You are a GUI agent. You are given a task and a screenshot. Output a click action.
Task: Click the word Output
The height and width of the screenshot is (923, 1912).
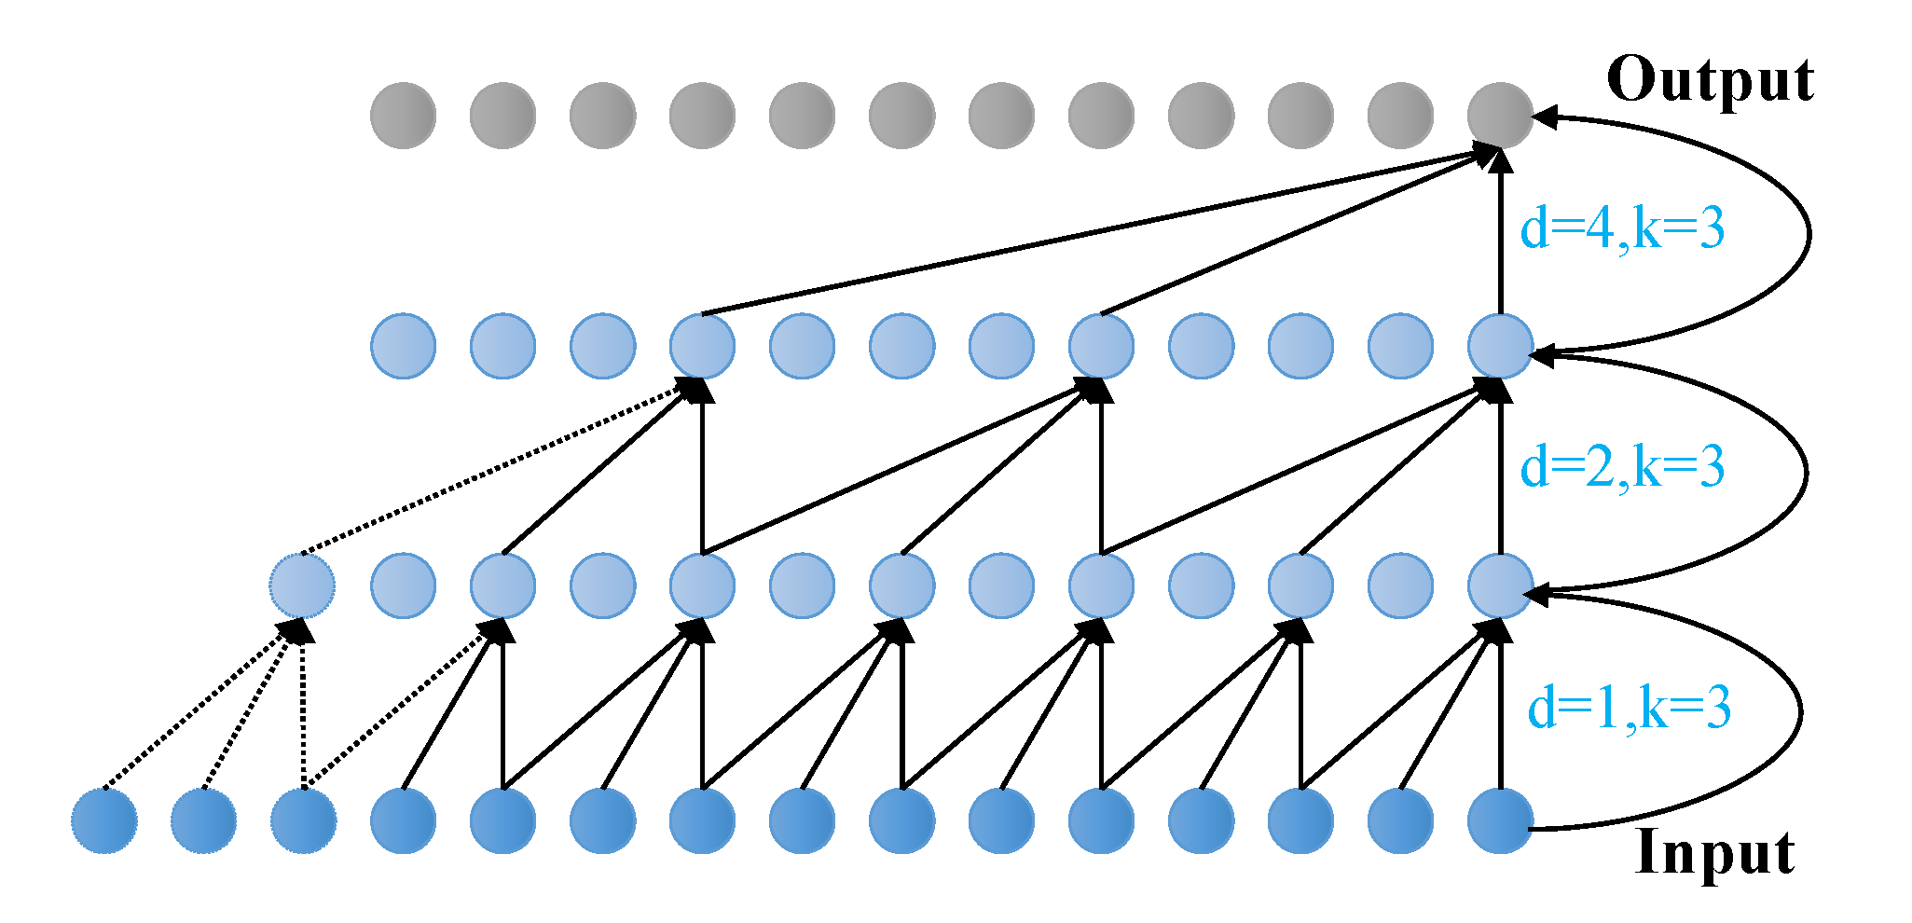pyautogui.click(x=1710, y=80)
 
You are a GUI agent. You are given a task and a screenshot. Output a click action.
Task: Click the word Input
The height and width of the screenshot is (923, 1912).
pyautogui.click(x=1714, y=852)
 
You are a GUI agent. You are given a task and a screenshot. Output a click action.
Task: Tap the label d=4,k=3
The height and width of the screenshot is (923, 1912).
pyautogui.click(x=1622, y=228)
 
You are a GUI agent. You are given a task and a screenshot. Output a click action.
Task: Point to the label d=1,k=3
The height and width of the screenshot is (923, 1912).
pyautogui.click(x=1629, y=708)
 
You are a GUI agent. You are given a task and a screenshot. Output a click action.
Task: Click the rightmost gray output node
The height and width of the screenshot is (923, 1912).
pyautogui.click(x=1500, y=116)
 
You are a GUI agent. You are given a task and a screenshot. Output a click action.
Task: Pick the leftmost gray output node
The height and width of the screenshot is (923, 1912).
pyautogui.click(x=403, y=116)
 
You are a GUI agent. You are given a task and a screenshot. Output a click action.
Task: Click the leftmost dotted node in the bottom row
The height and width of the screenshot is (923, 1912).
pyautogui.click(x=104, y=820)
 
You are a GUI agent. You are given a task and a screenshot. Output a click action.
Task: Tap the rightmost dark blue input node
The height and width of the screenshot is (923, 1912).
pyautogui.click(x=1500, y=820)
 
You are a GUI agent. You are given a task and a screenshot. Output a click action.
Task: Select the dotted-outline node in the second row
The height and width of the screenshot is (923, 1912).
pyautogui.click(x=302, y=585)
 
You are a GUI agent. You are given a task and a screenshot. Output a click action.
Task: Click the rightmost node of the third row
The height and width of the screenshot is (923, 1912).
pyautogui.click(x=1500, y=346)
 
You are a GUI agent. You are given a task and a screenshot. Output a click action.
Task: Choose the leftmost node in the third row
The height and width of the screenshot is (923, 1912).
pyautogui.click(x=403, y=346)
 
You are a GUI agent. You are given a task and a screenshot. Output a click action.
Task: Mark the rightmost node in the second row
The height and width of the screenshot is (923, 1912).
pyautogui.click(x=1500, y=585)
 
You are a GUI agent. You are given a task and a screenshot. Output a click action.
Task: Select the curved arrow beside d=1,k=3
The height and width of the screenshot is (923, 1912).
pyautogui.click(x=1799, y=713)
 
